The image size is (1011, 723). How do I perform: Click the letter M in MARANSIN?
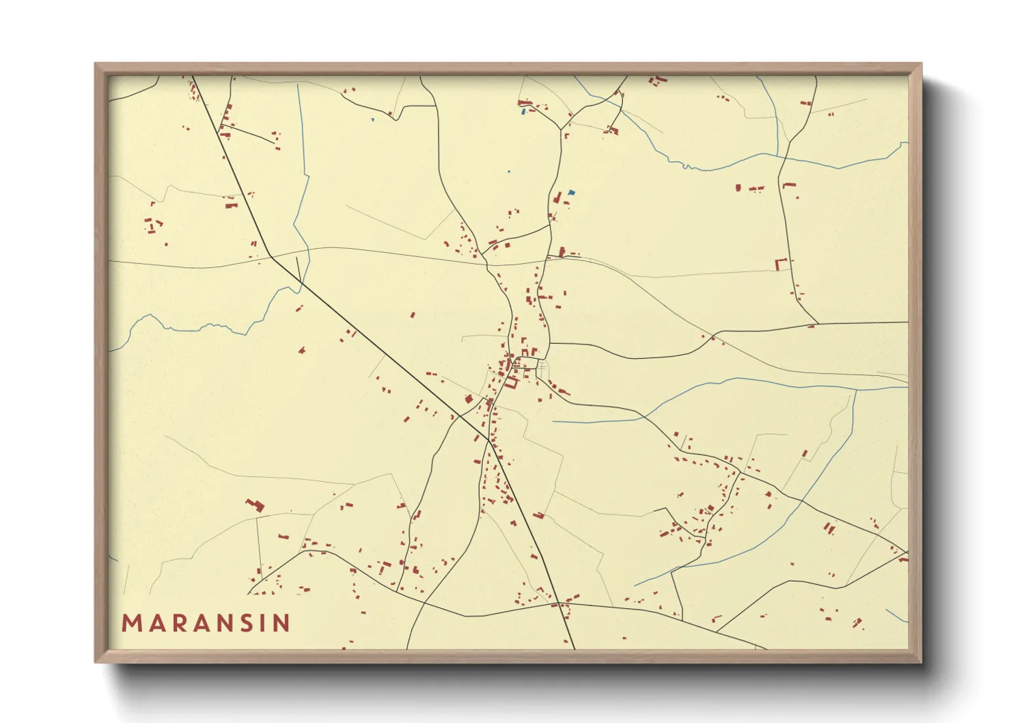click(x=131, y=623)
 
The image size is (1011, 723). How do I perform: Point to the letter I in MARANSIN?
click(x=263, y=623)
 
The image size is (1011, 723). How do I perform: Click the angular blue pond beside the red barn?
click(x=571, y=193)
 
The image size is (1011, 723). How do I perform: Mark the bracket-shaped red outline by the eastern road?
click(x=781, y=264)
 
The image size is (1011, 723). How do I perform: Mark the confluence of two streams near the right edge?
click(x=855, y=390)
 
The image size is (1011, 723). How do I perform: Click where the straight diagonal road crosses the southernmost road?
click(x=559, y=603)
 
